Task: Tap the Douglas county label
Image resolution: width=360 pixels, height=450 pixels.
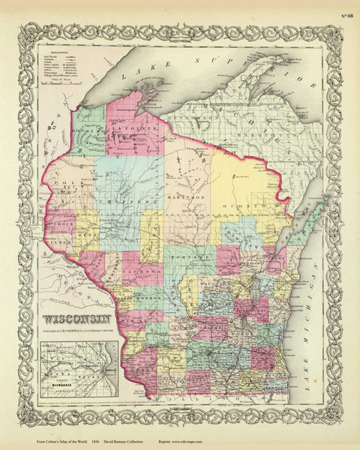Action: click(90, 133)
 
